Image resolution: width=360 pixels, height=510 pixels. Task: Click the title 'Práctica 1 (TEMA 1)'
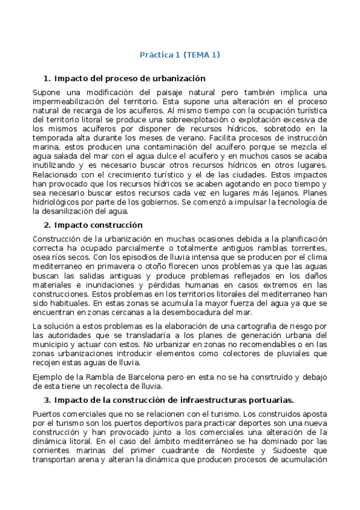(x=180, y=55)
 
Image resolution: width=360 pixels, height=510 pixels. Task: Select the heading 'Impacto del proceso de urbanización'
(x=130, y=78)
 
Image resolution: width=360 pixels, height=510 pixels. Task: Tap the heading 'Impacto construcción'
(x=98, y=225)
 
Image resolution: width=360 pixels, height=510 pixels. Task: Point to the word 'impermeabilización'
(x=68, y=102)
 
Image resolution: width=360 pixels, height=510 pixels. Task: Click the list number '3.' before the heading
(x=47, y=400)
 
